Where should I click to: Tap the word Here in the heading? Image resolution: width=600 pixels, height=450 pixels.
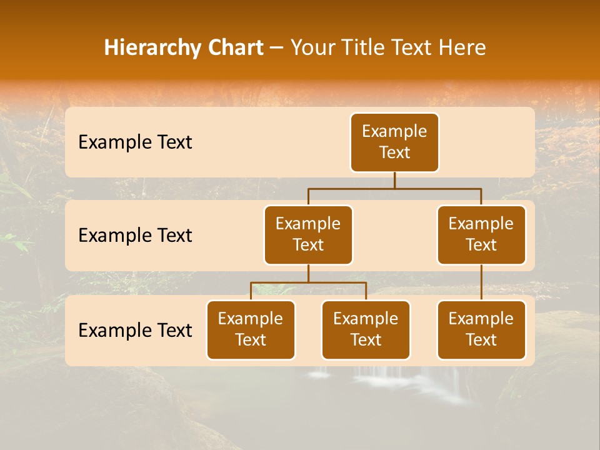(462, 48)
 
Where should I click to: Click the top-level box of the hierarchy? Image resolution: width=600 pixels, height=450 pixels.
(394, 142)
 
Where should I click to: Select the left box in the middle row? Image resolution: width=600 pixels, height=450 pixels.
(308, 234)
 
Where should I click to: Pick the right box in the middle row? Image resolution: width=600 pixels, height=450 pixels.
(481, 234)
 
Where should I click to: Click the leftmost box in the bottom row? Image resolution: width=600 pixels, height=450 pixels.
(251, 329)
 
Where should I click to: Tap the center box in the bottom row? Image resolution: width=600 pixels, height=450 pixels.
(366, 329)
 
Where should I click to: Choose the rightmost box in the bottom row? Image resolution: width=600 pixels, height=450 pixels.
(481, 329)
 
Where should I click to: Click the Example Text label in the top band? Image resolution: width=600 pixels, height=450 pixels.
(135, 142)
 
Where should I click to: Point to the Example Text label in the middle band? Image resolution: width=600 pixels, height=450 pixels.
(135, 236)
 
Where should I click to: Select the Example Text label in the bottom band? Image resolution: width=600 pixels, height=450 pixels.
(135, 330)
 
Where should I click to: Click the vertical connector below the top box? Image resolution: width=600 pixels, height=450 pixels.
(394, 180)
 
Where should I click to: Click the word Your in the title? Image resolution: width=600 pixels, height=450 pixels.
(312, 48)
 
